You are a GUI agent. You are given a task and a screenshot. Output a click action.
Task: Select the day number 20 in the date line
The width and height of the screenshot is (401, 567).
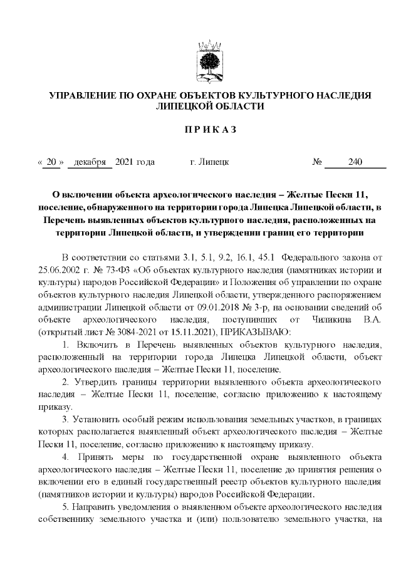click(51, 162)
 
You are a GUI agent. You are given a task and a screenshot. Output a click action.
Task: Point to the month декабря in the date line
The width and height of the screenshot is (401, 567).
click(89, 162)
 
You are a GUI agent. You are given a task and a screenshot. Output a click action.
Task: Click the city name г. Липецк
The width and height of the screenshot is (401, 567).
click(209, 162)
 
